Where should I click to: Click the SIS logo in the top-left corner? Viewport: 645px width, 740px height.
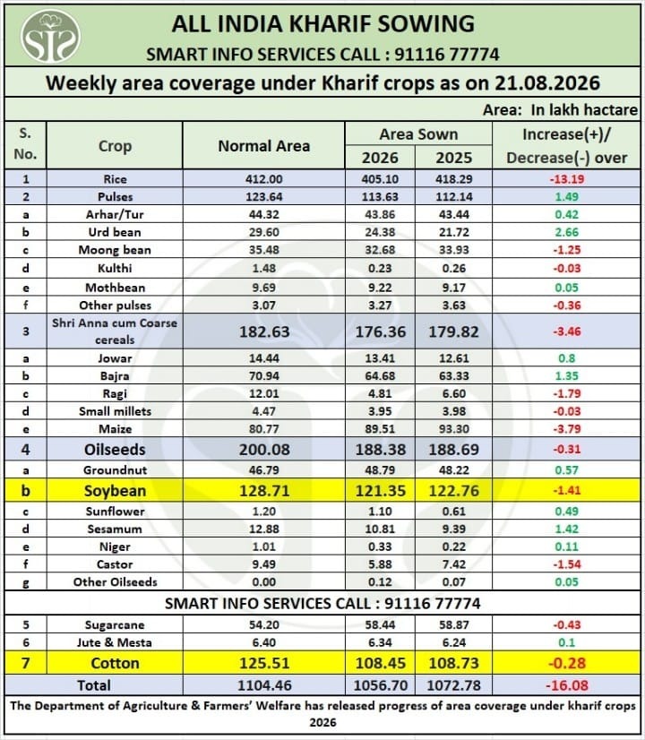(50, 36)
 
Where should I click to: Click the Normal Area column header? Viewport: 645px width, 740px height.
(263, 146)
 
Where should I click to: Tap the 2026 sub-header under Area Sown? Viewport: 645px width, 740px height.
(380, 158)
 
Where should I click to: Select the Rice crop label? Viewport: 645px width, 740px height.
(115, 179)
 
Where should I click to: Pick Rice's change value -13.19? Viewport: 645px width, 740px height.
(567, 179)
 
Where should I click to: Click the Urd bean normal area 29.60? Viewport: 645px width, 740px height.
(263, 232)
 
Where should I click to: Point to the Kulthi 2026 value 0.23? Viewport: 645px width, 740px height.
(380, 268)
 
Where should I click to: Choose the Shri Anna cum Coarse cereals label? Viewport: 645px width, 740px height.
(115, 331)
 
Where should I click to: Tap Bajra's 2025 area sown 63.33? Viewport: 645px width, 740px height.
(454, 376)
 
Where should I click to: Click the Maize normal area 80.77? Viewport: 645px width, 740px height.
(263, 429)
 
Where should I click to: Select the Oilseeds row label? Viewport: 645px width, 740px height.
(115, 450)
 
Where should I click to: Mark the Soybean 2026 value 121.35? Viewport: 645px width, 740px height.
(381, 491)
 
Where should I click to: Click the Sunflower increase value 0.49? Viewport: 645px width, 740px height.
(567, 512)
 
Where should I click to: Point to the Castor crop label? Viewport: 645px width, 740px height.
(115, 564)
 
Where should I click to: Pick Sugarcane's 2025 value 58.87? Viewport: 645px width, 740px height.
(454, 624)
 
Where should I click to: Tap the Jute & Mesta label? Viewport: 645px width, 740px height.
(115, 642)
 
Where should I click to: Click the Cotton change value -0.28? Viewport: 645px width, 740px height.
(567, 663)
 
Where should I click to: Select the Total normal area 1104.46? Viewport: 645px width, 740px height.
(264, 685)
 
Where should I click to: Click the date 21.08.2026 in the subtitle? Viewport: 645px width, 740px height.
(547, 83)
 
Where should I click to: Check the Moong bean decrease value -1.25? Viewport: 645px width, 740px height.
(567, 250)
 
